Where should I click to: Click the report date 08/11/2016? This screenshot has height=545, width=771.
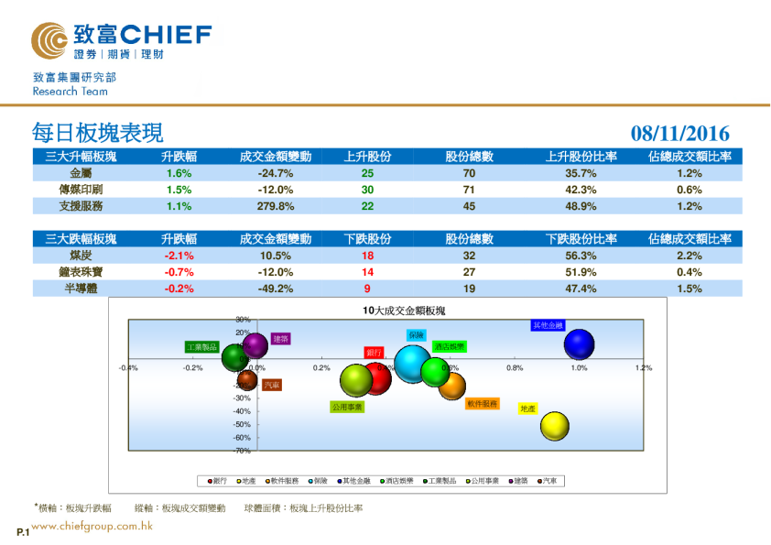679,134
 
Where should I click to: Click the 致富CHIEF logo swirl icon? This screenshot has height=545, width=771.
49,41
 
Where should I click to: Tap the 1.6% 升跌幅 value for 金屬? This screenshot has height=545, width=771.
179,173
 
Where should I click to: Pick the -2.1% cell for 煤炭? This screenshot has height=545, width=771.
179,256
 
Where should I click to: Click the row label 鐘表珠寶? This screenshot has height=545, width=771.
81,272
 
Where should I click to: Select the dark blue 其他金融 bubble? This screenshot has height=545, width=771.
579,345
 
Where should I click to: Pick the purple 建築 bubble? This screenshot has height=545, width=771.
255,345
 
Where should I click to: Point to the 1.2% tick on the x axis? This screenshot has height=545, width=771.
643,368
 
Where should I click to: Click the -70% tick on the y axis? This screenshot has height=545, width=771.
242,451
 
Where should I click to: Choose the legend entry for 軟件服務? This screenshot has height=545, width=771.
284,481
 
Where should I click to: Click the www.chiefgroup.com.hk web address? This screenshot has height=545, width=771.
92,527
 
